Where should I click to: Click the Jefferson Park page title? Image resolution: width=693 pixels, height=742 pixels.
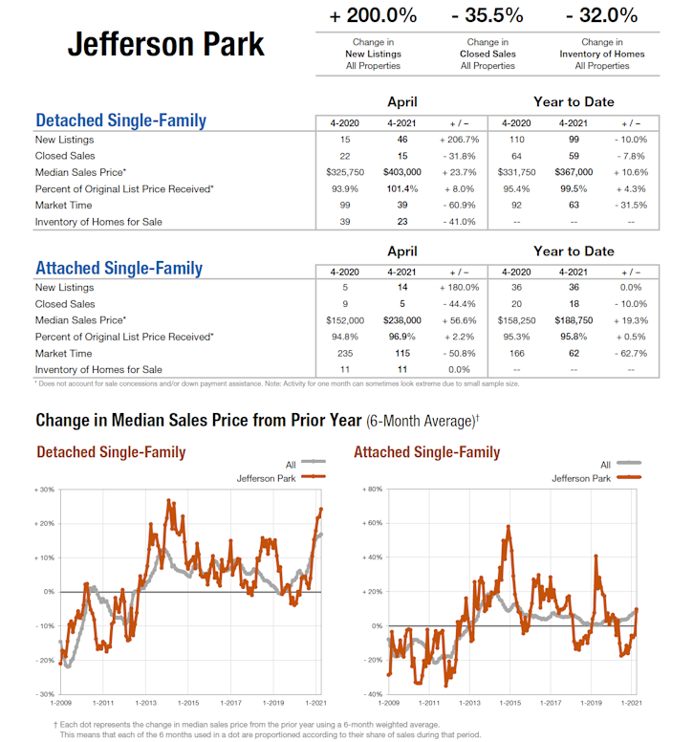click(165, 44)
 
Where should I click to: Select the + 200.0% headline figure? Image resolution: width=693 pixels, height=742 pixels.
click(373, 15)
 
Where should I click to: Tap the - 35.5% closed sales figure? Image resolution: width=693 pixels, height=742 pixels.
click(487, 15)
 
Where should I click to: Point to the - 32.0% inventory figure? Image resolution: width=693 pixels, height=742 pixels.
click(601, 15)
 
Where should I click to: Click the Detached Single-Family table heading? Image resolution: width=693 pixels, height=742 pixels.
click(120, 121)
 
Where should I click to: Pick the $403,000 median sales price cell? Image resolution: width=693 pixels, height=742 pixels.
click(401, 173)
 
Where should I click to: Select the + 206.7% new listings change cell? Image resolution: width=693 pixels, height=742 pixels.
click(459, 141)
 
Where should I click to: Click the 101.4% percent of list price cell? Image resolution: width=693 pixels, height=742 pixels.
click(401, 189)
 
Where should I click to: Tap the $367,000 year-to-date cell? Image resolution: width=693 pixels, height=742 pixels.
click(574, 173)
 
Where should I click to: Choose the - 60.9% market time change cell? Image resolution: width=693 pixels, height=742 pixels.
click(459, 206)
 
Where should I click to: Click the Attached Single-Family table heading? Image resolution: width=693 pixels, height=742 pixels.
click(119, 268)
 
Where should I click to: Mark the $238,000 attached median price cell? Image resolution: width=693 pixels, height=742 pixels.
click(401, 320)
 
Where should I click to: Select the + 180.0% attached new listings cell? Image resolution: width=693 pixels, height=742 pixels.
click(459, 288)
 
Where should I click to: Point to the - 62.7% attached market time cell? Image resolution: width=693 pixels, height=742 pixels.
click(631, 353)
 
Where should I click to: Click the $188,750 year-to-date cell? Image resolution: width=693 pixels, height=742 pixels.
click(574, 320)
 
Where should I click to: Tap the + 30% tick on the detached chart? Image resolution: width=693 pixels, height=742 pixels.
click(44, 490)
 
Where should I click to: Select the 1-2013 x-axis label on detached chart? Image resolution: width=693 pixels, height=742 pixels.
click(145, 703)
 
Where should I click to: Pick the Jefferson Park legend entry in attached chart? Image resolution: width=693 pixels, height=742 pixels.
click(581, 478)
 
